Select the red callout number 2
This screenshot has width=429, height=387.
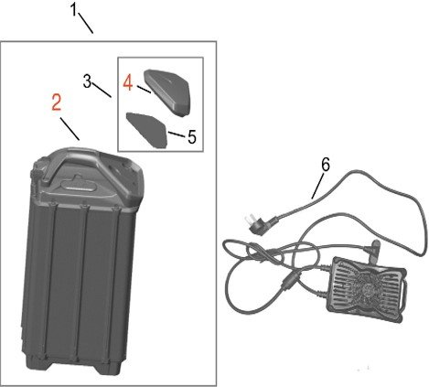click(x=57, y=102)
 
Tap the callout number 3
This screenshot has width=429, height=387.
click(x=87, y=81)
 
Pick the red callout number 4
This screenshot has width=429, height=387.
click(x=128, y=83)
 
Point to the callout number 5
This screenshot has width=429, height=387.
click(x=191, y=137)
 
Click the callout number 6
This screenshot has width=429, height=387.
click(x=326, y=165)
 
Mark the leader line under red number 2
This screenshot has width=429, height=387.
click(x=70, y=129)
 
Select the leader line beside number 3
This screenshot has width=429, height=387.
click(x=102, y=90)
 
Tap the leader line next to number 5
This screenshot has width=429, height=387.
click(x=177, y=134)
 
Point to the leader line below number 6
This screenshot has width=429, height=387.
click(x=318, y=186)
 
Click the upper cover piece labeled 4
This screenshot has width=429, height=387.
click(x=167, y=92)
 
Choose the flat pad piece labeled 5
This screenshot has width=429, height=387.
click(x=147, y=130)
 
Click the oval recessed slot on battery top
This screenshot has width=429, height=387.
click(x=79, y=186)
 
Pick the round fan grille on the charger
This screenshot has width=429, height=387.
click(x=366, y=287)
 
